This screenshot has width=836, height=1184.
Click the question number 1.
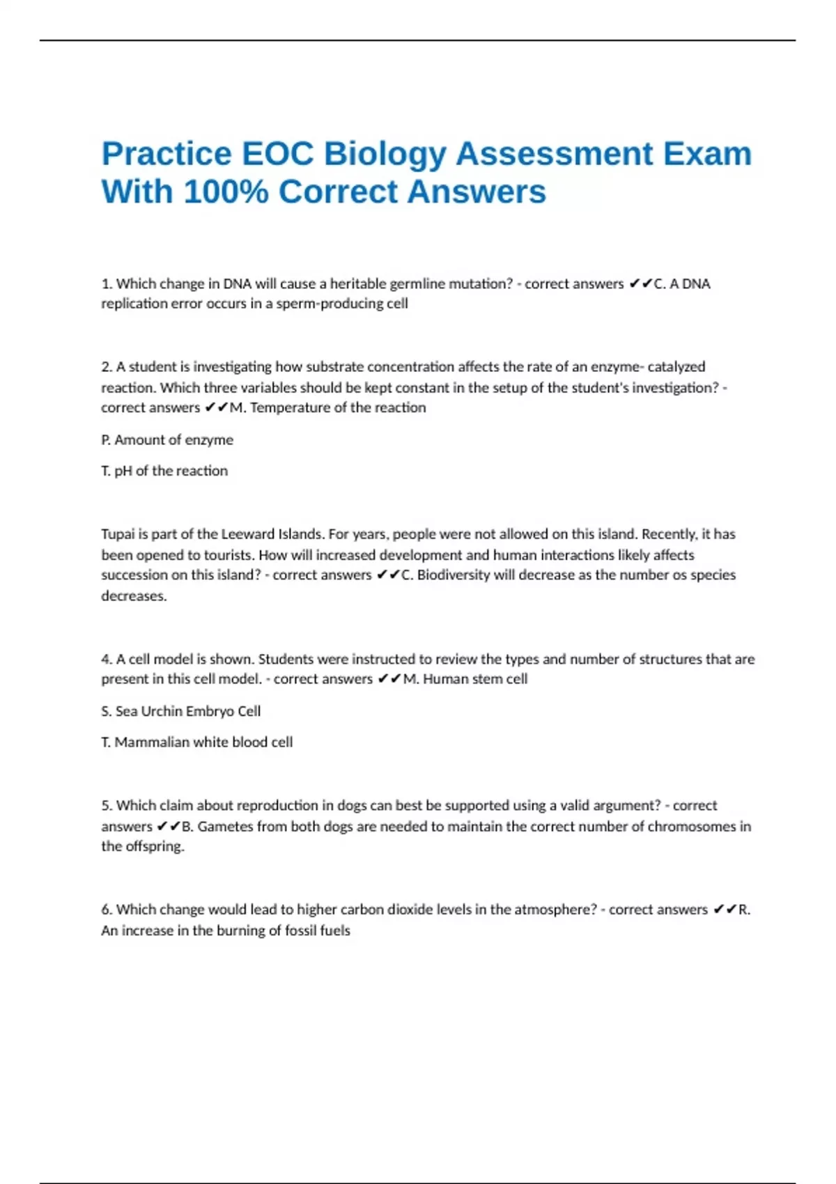(x=107, y=283)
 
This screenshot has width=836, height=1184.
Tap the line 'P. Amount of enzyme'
(x=167, y=439)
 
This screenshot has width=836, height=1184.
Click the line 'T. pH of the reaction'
(x=164, y=471)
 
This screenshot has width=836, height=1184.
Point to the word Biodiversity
(x=454, y=575)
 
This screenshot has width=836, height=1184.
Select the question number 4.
(x=107, y=659)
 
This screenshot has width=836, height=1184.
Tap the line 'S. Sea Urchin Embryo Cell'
(x=181, y=711)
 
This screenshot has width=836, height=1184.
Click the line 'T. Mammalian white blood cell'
(x=197, y=742)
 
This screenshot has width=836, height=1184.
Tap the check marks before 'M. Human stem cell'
(x=389, y=679)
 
